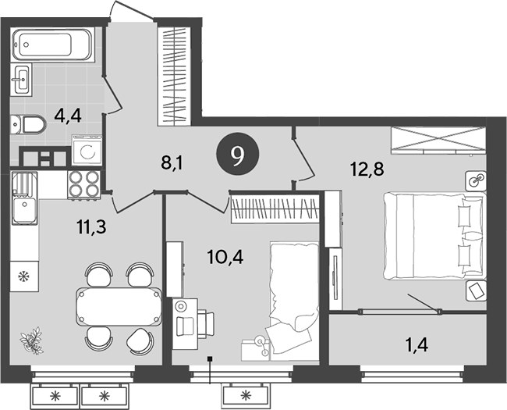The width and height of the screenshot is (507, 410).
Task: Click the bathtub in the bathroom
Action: pos(54,45)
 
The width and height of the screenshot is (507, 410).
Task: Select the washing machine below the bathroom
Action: pos(87,150)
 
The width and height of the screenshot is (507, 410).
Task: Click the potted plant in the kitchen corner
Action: pos(34,337)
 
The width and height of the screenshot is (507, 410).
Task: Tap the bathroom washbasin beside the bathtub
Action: pos(23,78)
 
